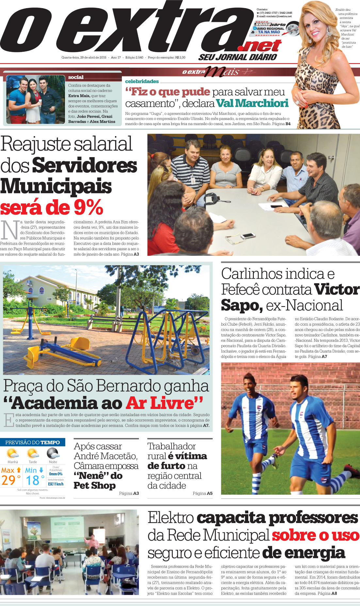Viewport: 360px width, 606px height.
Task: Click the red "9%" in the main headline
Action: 88,207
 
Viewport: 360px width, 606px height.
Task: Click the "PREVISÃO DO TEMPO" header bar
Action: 33,442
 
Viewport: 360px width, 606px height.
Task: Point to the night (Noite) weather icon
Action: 53,453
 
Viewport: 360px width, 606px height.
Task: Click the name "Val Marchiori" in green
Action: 252,103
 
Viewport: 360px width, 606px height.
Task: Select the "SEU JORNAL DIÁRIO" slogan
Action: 237,57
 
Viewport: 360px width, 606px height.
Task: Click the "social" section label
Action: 76,77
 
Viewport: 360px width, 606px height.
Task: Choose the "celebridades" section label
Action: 142,81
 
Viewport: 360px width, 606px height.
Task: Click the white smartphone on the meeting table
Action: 248,235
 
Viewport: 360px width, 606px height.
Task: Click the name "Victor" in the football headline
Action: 336,289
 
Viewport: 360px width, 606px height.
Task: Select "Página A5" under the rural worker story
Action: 203,493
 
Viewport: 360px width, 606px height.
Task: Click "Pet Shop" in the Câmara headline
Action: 94,485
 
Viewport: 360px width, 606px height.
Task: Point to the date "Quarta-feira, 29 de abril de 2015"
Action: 84,57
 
